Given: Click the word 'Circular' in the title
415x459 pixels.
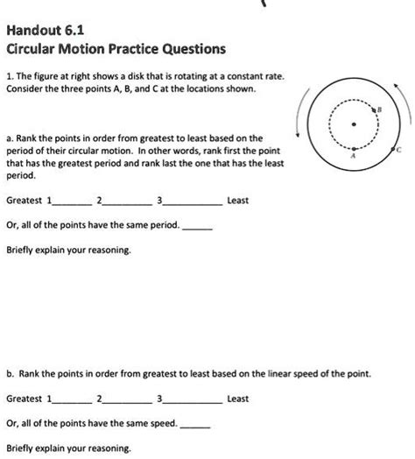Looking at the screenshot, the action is [x=34, y=48].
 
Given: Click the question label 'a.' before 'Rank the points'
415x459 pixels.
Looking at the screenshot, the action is [x=10, y=139].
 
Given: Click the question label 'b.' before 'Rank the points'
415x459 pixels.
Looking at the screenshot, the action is [x=10, y=373].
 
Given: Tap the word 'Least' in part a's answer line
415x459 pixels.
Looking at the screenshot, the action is [x=238, y=201].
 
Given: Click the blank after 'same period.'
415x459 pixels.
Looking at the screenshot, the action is [x=198, y=226].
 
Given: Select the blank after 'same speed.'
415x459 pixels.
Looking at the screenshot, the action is [x=195, y=425].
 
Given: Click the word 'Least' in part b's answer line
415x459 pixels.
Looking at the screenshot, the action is [x=238, y=399].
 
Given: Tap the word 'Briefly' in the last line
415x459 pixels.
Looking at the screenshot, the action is [x=23, y=448].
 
